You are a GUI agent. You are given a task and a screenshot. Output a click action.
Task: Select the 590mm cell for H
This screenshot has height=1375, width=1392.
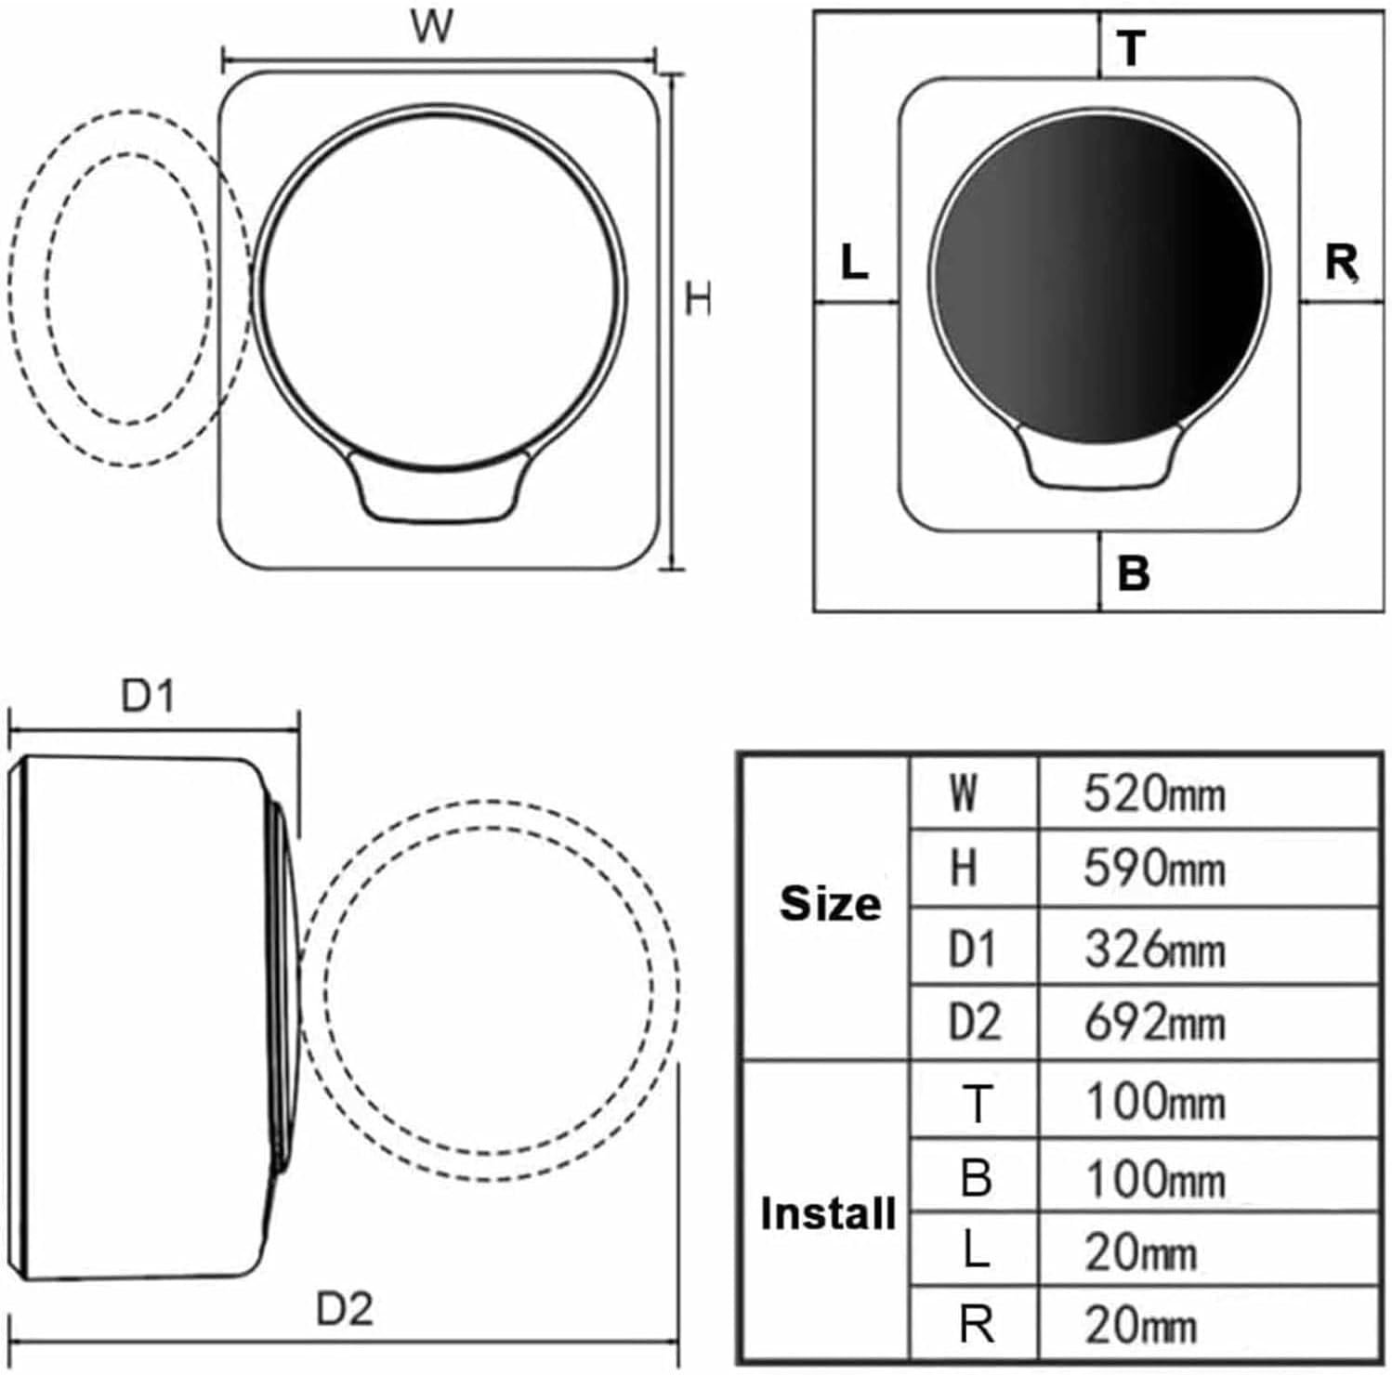[1154, 869]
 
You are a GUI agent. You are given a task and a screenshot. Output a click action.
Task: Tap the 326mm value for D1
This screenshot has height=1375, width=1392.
[1154, 949]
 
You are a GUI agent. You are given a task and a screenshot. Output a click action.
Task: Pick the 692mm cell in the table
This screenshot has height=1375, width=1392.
[1154, 1021]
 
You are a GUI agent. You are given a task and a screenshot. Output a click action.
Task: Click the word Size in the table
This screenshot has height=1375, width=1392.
[831, 902]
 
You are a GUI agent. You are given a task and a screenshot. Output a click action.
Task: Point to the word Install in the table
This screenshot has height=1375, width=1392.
[829, 1213]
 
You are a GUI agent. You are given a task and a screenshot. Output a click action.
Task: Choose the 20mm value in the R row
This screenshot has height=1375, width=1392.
[1140, 1325]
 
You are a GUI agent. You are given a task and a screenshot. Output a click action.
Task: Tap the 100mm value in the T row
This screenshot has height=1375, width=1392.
[1155, 1102]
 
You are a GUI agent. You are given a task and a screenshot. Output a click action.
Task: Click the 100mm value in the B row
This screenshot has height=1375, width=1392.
[1155, 1178]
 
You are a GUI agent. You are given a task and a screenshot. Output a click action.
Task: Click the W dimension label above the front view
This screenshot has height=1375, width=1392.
[433, 27]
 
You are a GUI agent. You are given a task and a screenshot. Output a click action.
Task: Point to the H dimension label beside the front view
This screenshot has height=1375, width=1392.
[699, 300]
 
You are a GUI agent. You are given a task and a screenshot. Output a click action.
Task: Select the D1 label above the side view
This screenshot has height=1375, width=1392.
[149, 697]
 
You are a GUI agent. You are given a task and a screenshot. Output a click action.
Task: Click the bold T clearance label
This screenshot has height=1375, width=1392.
[1132, 49]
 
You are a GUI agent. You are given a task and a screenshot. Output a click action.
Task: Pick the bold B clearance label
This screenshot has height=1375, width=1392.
[1134, 573]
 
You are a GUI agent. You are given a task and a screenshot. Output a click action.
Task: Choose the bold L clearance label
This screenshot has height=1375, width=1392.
[854, 262]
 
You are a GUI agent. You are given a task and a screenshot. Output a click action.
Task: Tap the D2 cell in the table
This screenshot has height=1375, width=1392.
[974, 1022]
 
